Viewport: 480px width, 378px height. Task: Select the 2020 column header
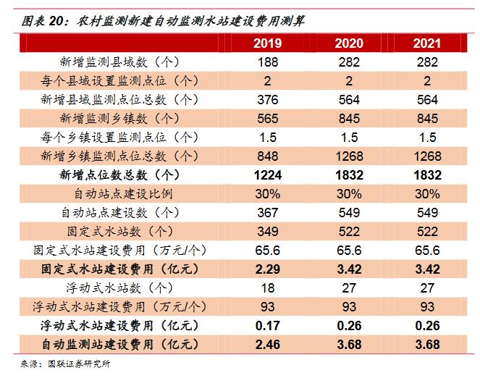point(349,43)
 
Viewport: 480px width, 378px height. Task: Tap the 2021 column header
point(427,43)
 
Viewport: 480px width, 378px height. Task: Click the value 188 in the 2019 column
point(268,62)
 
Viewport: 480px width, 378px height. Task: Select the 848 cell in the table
point(268,156)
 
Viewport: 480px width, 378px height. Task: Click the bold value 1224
point(268,175)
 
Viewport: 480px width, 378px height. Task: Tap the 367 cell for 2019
point(268,213)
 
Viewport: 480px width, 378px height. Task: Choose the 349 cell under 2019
point(268,232)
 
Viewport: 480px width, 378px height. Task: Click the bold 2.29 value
point(268,269)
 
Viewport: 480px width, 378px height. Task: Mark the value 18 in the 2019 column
point(268,288)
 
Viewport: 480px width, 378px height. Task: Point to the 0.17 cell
point(268,326)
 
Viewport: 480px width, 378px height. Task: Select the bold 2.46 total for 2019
point(268,345)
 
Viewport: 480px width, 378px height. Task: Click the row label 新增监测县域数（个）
point(115,62)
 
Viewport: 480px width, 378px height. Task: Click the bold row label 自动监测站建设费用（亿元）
point(115,345)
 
